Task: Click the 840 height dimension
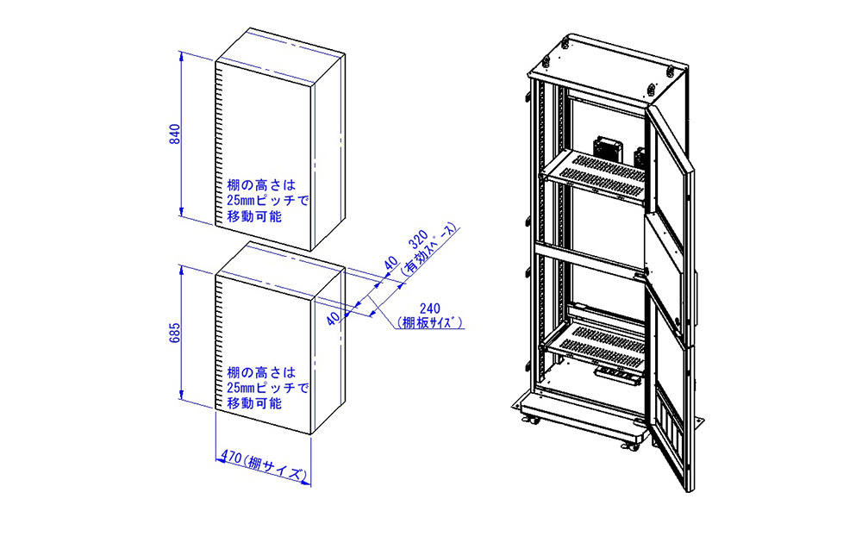coord(174,135)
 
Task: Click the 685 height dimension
coord(174,333)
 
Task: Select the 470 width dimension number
coord(230,458)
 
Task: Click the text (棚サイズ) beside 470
coord(274,466)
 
